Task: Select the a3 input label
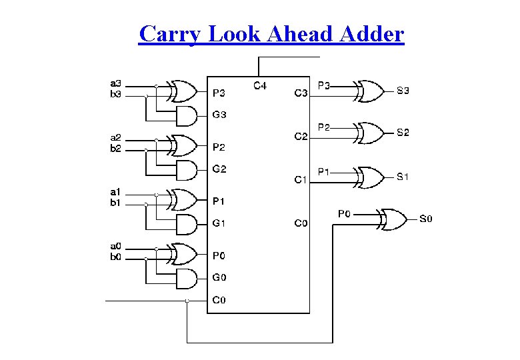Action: coord(115,83)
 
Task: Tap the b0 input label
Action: coord(115,257)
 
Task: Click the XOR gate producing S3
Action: coord(370,89)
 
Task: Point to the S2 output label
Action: coord(403,133)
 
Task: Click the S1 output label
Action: coord(403,177)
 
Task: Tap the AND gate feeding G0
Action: coord(187,279)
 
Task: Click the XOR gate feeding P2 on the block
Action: coord(183,144)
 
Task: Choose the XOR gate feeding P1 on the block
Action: coord(183,199)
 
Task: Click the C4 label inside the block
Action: coord(260,85)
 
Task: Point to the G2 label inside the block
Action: coord(219,169)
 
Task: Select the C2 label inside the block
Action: coord(301,136)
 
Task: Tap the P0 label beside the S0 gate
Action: coord(344,214)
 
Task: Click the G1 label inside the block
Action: coord(219,224)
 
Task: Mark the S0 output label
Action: coord(425,219)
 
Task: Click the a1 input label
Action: coord(115,193)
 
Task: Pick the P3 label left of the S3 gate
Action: coord(324,85)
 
